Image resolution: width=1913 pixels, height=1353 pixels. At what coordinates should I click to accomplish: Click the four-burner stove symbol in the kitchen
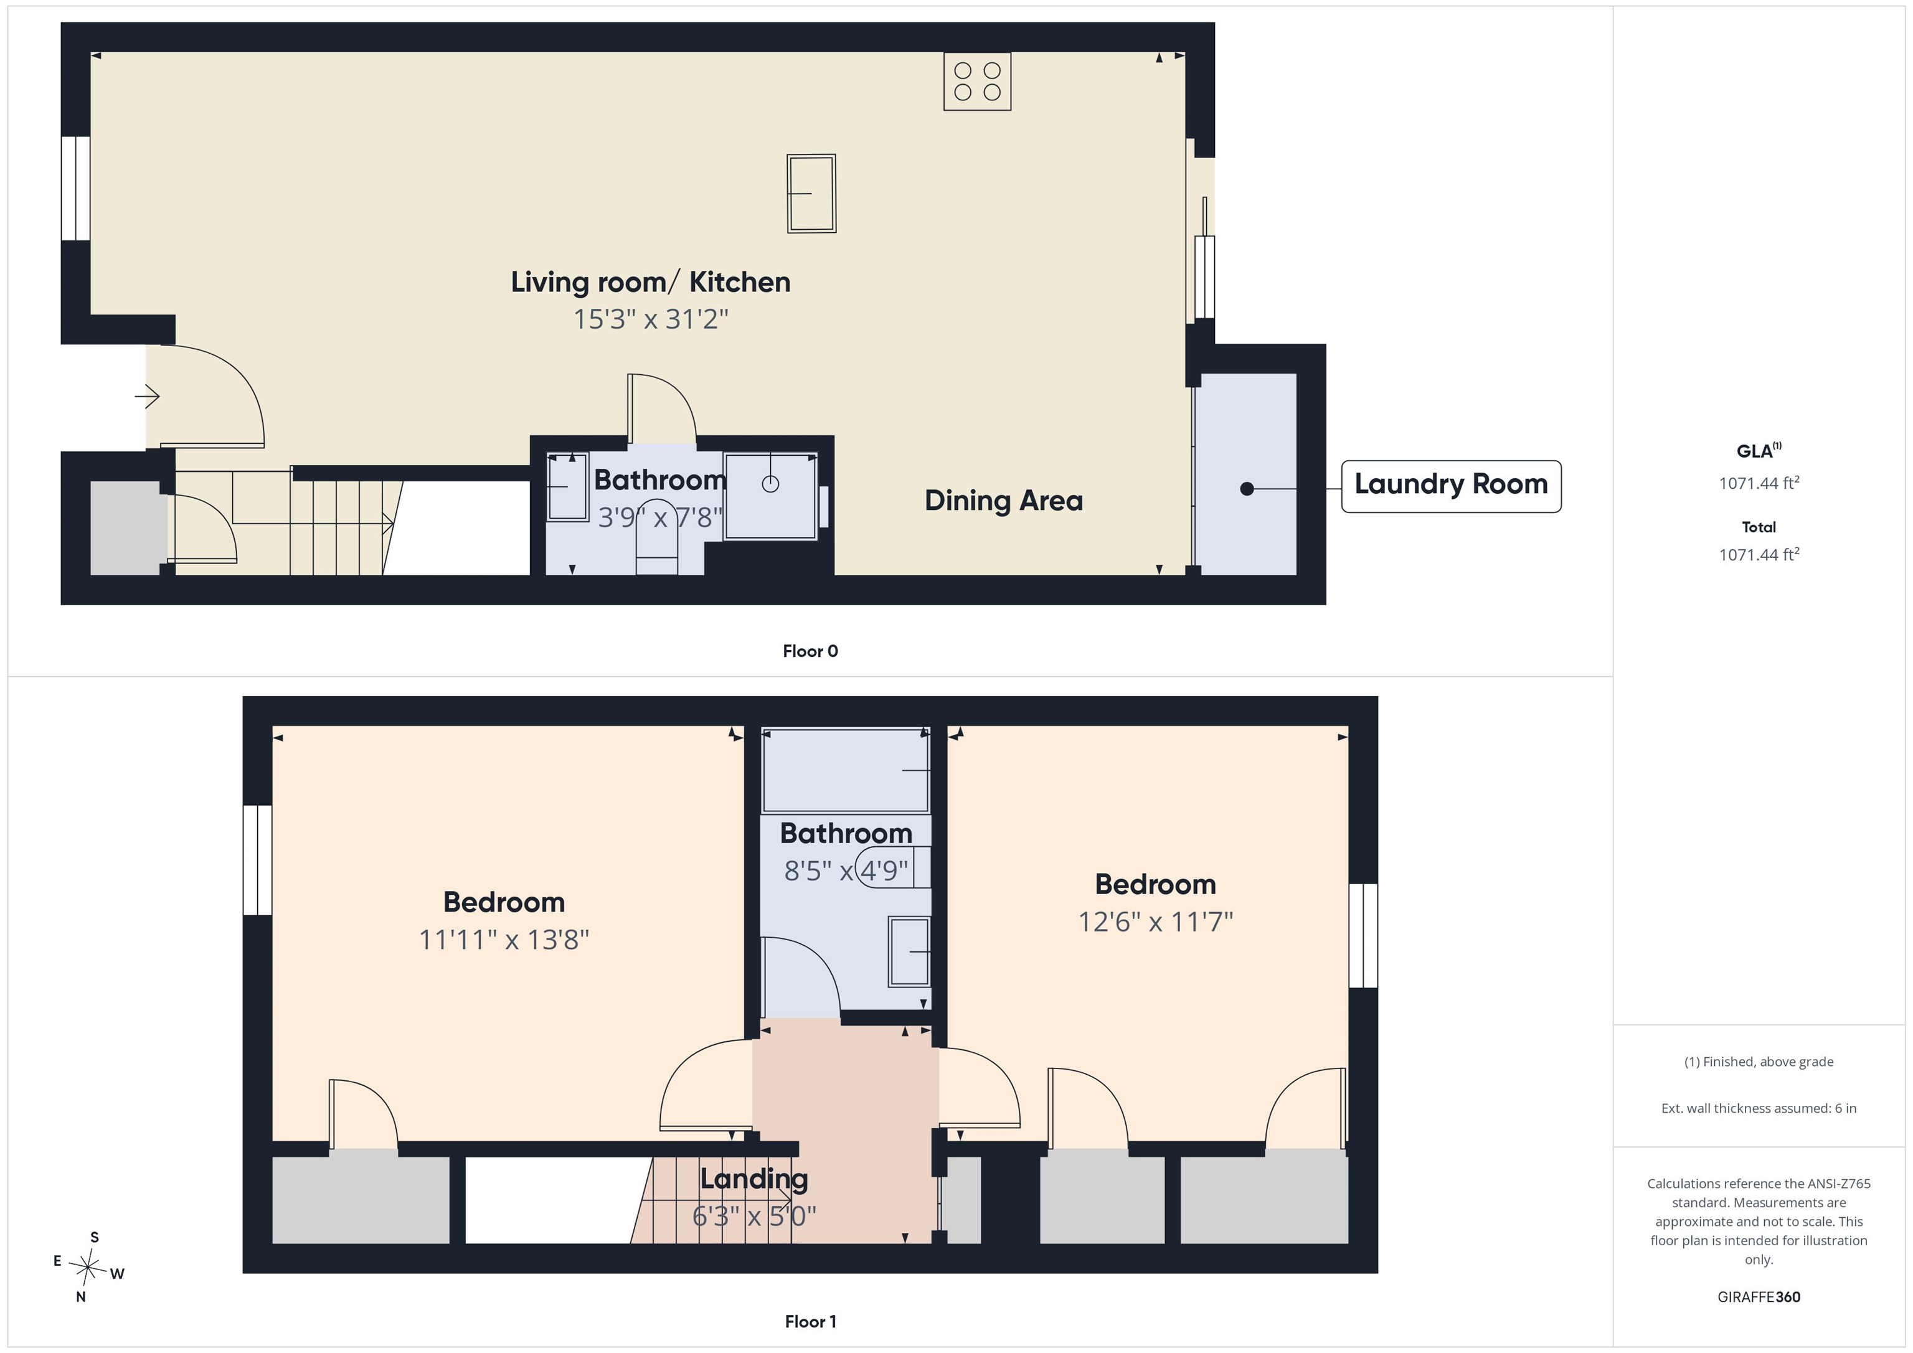[977, 82]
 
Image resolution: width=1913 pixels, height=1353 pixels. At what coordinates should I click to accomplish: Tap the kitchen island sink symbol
[811, 193]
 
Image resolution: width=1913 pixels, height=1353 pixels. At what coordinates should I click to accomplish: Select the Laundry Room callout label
[1450, 486]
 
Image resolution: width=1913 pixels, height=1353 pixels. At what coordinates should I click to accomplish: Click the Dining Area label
[1004, 500]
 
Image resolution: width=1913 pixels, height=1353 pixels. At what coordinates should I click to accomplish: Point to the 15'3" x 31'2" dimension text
[651, 319]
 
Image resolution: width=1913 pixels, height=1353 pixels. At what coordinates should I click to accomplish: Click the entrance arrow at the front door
[148, 396]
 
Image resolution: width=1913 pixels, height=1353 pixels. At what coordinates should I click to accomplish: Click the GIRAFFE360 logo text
[1759, 1297]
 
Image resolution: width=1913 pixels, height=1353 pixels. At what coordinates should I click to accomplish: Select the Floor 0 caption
[810, 651]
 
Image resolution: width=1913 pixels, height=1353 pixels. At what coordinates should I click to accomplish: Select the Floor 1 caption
[810, 1322]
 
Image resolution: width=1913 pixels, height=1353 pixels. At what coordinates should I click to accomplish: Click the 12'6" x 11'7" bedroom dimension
[1156, 922]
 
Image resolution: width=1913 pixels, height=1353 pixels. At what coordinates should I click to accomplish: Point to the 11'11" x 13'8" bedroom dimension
[504, 940]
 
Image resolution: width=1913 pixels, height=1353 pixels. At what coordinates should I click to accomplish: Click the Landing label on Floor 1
[754, 1179]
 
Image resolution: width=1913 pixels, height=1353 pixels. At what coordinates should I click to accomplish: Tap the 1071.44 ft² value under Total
[1759, 554]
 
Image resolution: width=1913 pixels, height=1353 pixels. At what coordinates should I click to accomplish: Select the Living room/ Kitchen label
[651, 283]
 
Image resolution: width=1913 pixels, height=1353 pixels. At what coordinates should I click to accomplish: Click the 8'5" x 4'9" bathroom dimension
[846, 870]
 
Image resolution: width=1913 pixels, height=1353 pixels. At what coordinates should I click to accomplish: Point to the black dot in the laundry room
[1247, 489]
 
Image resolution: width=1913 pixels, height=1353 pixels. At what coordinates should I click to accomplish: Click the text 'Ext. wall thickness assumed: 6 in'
[1759, 1108]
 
